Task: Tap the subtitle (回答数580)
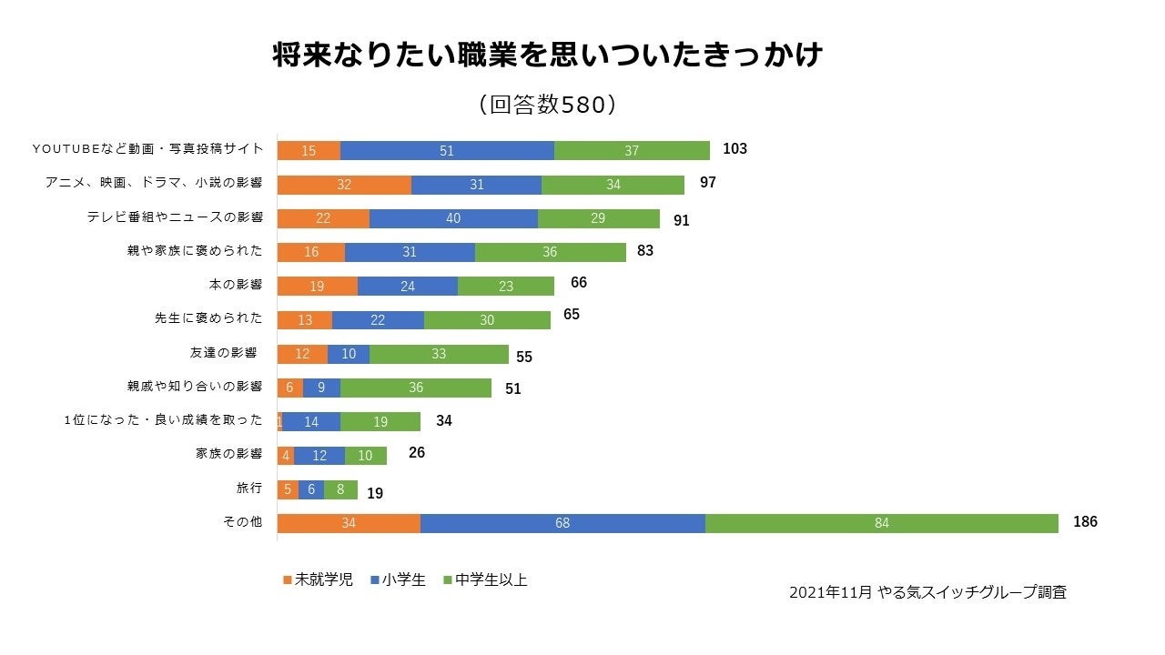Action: (x=548, y=105)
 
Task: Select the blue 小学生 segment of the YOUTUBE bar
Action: (x=447, y=151)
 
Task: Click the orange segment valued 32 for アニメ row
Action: (x=344, y=185)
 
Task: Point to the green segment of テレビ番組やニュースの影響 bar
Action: (x=599, y=219)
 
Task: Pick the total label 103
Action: (x=734, y=148)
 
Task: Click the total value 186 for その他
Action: (x=1085, y=522)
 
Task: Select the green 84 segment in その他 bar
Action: (x=881, y=523)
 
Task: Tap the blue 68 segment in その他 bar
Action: (x=562, y=523)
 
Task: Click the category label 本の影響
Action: (x=235, y=285)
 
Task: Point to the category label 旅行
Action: (x=248, y=489)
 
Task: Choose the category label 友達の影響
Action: (x=223, y=353)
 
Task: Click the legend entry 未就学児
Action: (x=318, y=579)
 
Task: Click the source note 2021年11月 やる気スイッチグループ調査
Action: (x=927, y=592)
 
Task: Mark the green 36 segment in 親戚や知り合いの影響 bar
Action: (x=416, y=388)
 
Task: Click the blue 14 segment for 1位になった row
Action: (x=311, y=422)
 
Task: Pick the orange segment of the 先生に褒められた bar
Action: (x=304, y=320)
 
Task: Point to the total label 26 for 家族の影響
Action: (x=417, y=452)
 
